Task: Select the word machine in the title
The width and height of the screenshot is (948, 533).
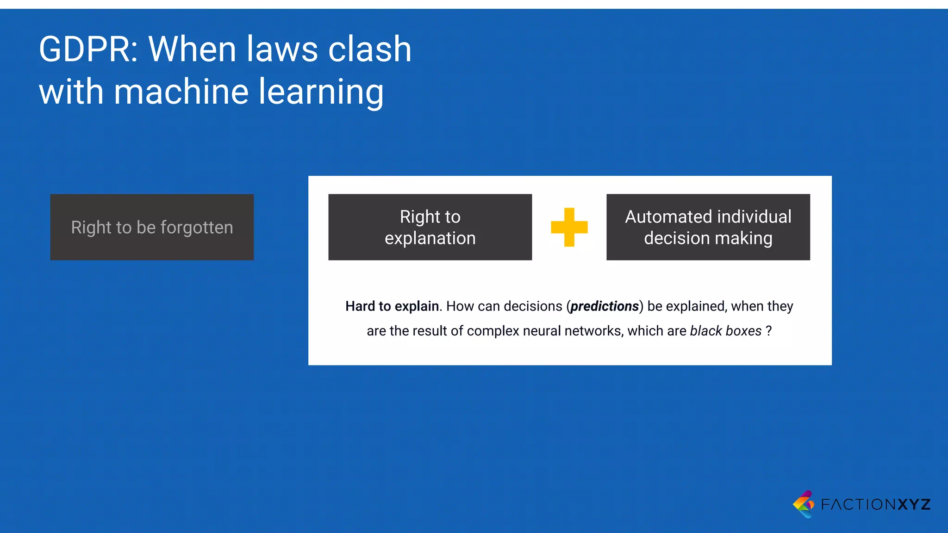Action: tap(180, 92)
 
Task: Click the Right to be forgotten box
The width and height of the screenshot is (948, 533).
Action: tap(152, 227)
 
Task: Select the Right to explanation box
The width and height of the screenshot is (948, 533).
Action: tap(430, 227)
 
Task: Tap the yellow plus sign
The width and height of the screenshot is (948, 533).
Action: tap(569, 227)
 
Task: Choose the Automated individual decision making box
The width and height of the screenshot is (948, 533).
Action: tap(708, 227)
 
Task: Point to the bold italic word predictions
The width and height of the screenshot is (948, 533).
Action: tap(605, 306)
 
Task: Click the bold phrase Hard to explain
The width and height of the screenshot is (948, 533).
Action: tap(392, 306)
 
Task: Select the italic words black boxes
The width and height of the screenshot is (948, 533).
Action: tap(725, 331)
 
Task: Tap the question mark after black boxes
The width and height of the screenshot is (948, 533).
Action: tap(768, 331)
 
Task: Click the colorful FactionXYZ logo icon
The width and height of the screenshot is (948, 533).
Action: tap(804, 504)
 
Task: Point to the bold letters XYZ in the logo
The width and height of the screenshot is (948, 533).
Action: tap(914, 504)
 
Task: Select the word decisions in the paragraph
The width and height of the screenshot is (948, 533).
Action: tap(533, 306)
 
